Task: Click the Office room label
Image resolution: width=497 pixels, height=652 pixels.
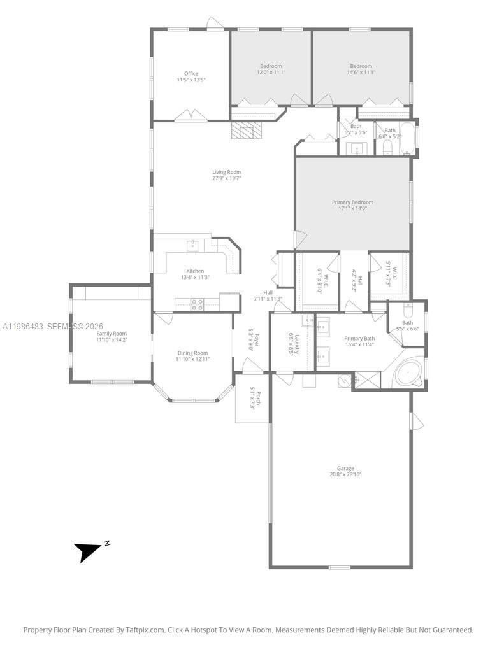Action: coord(191,74)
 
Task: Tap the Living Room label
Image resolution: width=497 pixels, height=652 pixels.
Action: coord(227,172)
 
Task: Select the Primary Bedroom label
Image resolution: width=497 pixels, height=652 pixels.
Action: coord(352,202)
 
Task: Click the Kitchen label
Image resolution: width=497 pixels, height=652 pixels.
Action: coord(195,271)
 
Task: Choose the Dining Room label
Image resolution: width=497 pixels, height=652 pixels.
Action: coord(192,353)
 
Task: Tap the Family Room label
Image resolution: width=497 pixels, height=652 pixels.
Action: coord(112,334)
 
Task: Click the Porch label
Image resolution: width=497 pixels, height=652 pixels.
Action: coord(252,398)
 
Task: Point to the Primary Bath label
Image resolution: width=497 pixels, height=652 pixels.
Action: coord(359,339)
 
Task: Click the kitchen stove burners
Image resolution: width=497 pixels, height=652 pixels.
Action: coord(198,304)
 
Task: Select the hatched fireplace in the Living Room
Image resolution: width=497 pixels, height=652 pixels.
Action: coord(246,131)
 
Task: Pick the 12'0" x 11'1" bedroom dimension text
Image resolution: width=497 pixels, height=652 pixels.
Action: coord(271,73)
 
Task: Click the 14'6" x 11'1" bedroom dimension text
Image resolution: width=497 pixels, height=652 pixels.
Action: coord(361,73)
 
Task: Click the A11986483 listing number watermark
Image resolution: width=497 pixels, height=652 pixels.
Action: coord(23,326)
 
